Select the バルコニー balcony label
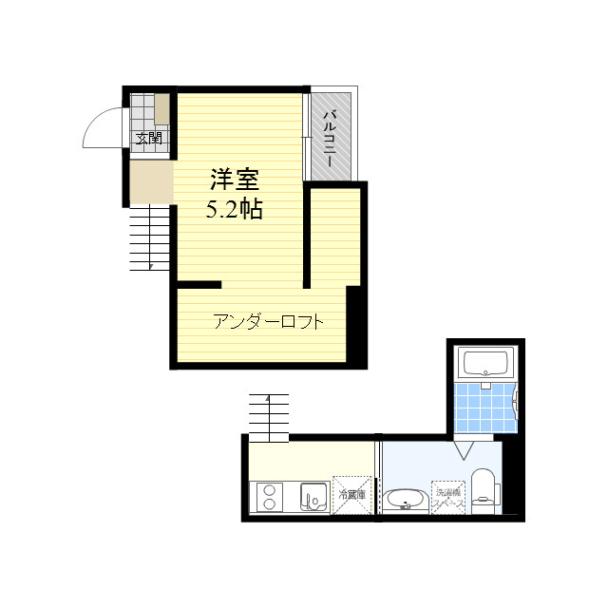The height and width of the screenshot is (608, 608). (x=329, y=139)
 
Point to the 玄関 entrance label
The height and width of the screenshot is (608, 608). (x=148, y=139)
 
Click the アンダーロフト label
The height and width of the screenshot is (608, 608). (x=269, y=321)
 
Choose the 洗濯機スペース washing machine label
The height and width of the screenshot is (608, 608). (x=447, y=497)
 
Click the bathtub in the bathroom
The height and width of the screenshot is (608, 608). (x=485, y=363)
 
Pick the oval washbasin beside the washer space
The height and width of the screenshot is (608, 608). (x=407, y=498)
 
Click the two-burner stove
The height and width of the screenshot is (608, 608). (x=269, y=496)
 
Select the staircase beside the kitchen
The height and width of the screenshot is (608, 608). (x=269, y=417)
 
